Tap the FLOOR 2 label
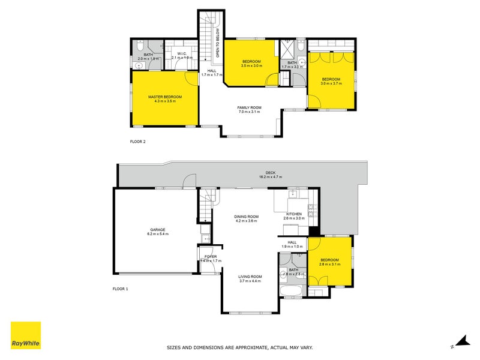[138, 142]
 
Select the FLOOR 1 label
[121, 289]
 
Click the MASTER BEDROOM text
[165, 97]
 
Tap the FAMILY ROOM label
[249, 108]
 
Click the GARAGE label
[157, 229]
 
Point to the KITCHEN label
[294, 214]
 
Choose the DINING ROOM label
[246, 217]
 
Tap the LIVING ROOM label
[250, 277]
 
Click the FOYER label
[210, 257]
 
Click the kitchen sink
[293, 194]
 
